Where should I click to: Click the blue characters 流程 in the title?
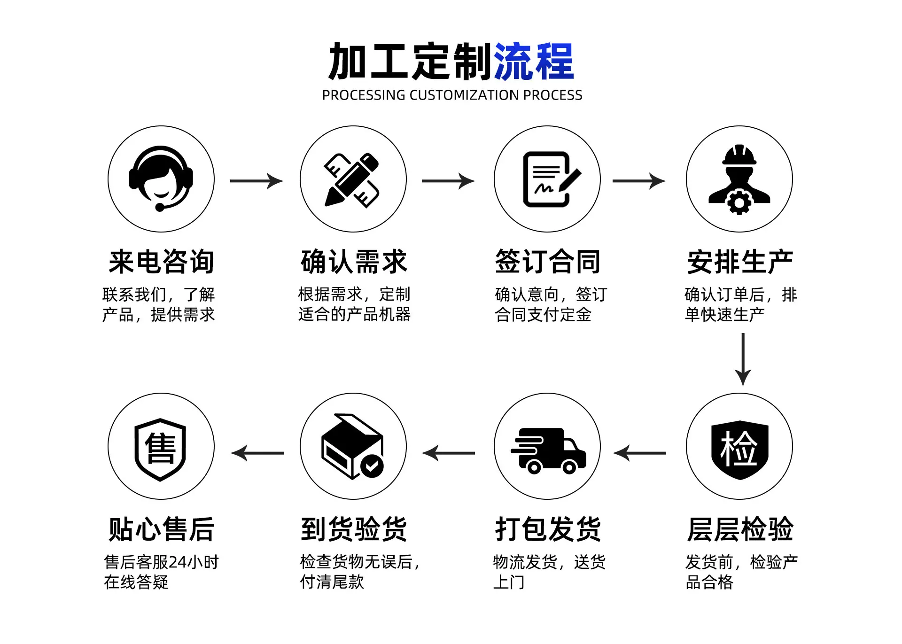click(x=534, y=61)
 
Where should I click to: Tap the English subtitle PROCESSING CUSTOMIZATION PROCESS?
click(x=452, y=95)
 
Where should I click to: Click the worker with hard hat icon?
click(x=739, y=179)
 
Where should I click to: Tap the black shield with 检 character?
click(x=739, y=450)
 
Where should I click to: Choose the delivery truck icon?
click(x=548, y=450)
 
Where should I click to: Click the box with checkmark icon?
click(x=353, y=446)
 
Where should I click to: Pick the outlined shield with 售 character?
click(x=160, y=450)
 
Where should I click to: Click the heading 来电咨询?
click(x=161, y=262)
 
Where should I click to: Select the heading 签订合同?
click(x=548, y=262)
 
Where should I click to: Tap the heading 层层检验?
click(x=740, y=529)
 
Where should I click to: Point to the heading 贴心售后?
click(x=161, y=529)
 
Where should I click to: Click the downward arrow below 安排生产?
click(x=743, y=359)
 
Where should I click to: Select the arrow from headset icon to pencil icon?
click(x=257, y=181)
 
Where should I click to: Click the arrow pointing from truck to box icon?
click(x=449, y=453)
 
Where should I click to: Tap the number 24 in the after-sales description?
click(x=178, y=562)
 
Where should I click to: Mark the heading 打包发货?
click(x=548, y=529)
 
